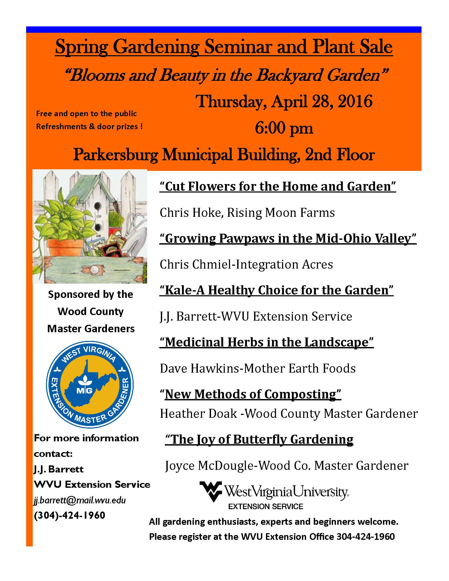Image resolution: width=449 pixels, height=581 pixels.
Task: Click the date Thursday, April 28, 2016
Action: tap(284, 102)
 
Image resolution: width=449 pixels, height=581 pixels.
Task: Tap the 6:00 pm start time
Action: tap(284, 129)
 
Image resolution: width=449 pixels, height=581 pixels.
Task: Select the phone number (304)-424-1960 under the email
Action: tap(69, 515)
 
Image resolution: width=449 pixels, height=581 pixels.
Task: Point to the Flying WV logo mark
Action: tap(211, 491)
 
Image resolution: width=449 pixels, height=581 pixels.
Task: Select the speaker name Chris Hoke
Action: tap(191, 213)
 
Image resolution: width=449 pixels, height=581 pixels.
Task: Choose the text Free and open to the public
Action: tap(86, 114)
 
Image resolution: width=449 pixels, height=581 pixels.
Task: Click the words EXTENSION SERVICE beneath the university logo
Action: tap(265, 506)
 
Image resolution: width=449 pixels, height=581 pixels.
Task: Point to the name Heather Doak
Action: tap(198, 413)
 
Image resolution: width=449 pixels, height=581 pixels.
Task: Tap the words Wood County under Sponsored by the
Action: tap(90, 312)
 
